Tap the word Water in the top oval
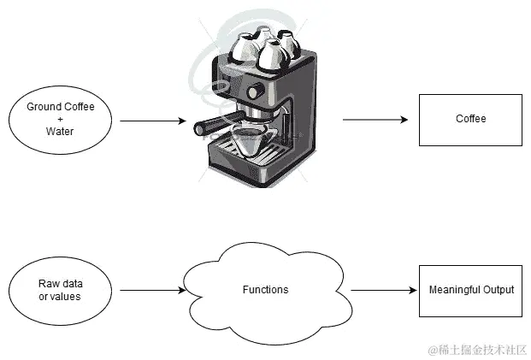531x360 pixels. [61, 133]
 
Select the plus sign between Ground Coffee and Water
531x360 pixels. [61, 120]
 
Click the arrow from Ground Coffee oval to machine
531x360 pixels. [152, 121]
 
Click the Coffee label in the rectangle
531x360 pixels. [470, 119]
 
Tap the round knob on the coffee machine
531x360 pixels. [254, 91]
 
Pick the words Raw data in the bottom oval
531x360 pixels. [61, 283]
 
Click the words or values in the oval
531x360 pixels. [61, 296]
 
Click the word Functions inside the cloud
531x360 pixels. [265, 290]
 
